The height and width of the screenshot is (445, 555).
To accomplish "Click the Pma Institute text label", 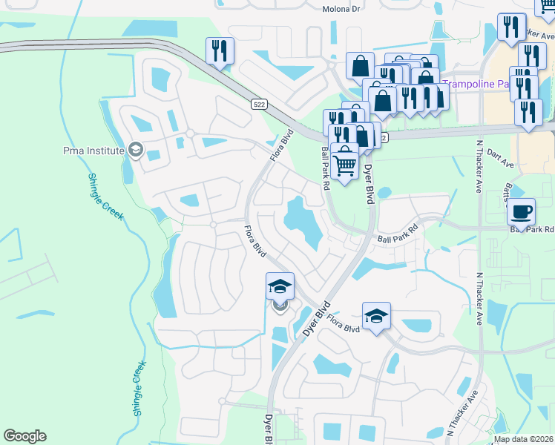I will [x=93, y=151].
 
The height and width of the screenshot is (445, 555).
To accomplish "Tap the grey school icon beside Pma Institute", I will [x=135, y=151].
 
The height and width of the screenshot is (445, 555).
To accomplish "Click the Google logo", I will [x=24, y=436].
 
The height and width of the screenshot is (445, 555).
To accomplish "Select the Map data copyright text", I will [x=524, y=439].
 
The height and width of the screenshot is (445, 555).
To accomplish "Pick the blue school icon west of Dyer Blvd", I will [x=280, y=286].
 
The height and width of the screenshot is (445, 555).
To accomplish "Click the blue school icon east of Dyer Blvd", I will [x=376, y=316].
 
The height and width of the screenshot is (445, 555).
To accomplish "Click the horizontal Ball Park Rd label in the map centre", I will [x=398, y=239].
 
